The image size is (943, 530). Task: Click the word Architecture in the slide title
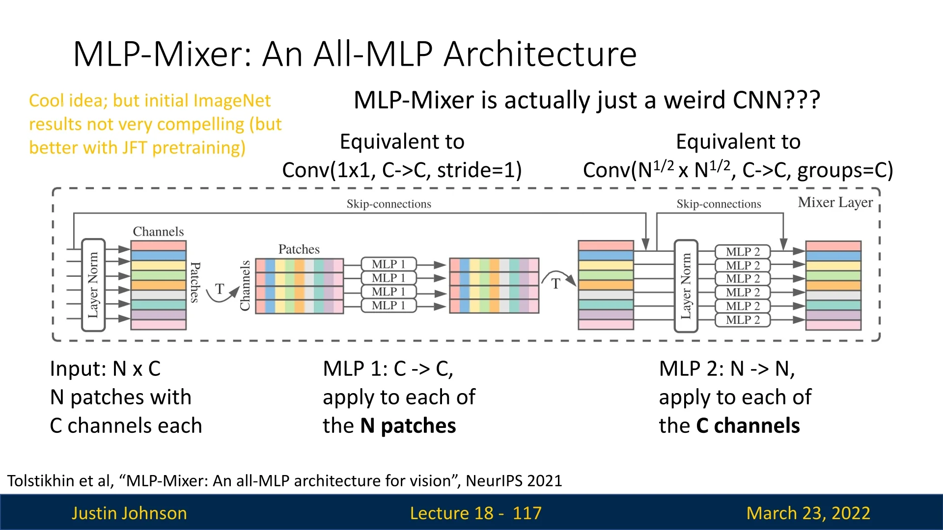540,54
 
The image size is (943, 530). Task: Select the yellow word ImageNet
231,101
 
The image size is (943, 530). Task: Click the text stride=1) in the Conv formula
479,170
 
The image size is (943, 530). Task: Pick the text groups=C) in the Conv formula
845,170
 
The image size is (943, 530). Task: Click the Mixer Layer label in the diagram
835,202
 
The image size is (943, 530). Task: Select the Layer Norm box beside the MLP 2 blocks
686,286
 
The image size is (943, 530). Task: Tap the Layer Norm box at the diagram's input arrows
93,285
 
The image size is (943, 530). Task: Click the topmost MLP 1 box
388,264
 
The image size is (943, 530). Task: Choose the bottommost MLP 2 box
742,320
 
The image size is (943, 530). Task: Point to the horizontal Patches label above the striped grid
299,249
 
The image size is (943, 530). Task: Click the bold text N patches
408,425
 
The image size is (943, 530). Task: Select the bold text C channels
748,425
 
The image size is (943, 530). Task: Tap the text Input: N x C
105,369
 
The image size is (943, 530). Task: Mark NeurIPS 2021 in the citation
514,480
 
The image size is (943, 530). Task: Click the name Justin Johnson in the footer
129,513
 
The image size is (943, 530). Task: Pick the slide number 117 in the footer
527,513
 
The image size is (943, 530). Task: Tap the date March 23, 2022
808,513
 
